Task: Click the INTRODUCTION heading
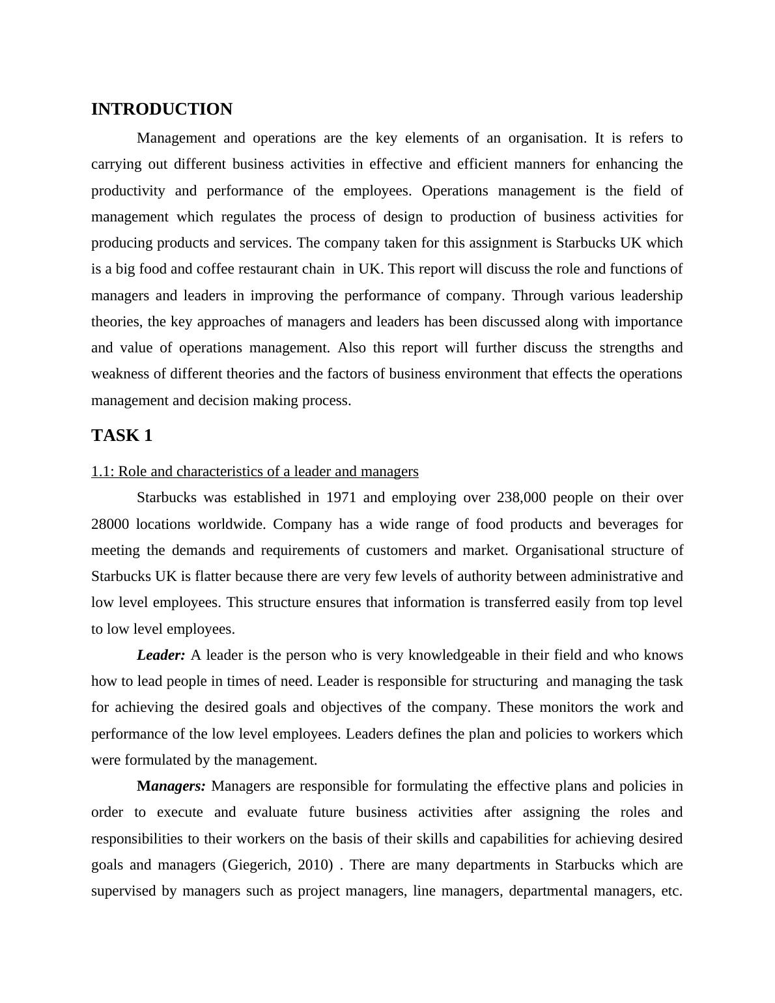[x=162, y=109]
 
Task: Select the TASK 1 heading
[x=122, y=436]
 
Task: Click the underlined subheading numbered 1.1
[x=255, y=472]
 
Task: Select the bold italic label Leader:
[x=161, y=655]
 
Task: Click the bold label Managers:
[x=171, y=786]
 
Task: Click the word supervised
[x=124, y=891]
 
